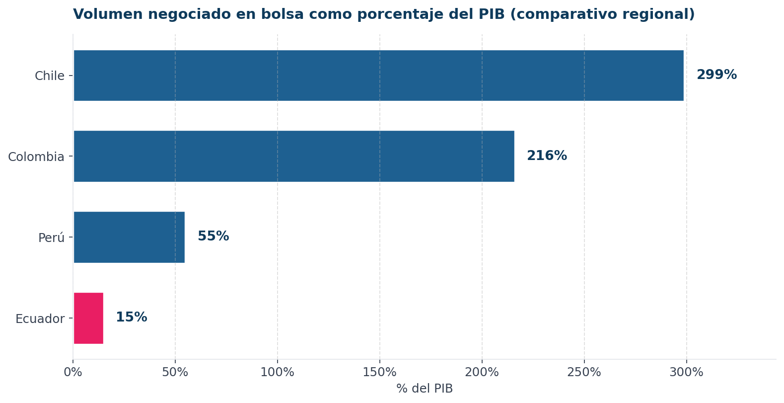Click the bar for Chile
pos(378,76)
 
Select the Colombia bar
pos(294,156)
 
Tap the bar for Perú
pos(129,237)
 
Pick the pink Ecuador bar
pos(88,318)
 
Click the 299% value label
pos(716,75)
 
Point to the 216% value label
pos(547,156)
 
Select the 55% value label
pos(213,237)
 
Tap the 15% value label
pos(131,318)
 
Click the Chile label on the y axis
pos(50,76)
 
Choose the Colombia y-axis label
pos(36,157)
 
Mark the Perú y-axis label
pos(51,238)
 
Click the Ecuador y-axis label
pos(40,319)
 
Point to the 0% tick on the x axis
pos(73,372)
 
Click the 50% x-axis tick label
pos(175,372)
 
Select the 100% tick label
pos(278,372)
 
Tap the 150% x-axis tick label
pos(380,372)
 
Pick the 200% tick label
pos(482,372)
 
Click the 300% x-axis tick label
pos(687,372)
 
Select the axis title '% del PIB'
pos(425,389)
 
